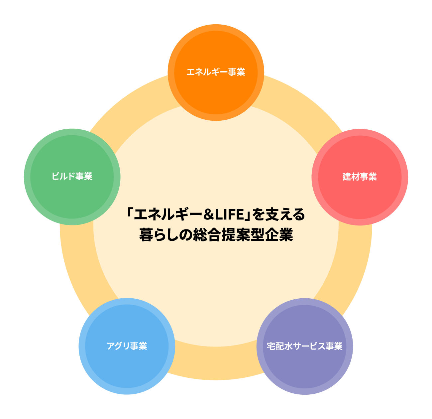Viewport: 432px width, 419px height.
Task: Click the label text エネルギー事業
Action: [216, 72]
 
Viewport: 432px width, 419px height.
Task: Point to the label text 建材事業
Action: [360, 177]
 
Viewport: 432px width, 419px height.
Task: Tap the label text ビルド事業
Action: [72, 176]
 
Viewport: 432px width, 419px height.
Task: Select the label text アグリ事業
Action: [127, 346]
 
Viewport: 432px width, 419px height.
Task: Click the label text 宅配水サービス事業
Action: [305, 346]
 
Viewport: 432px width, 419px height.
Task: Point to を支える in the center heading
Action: [278, 214]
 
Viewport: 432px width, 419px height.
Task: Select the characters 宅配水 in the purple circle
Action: [279, 346]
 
